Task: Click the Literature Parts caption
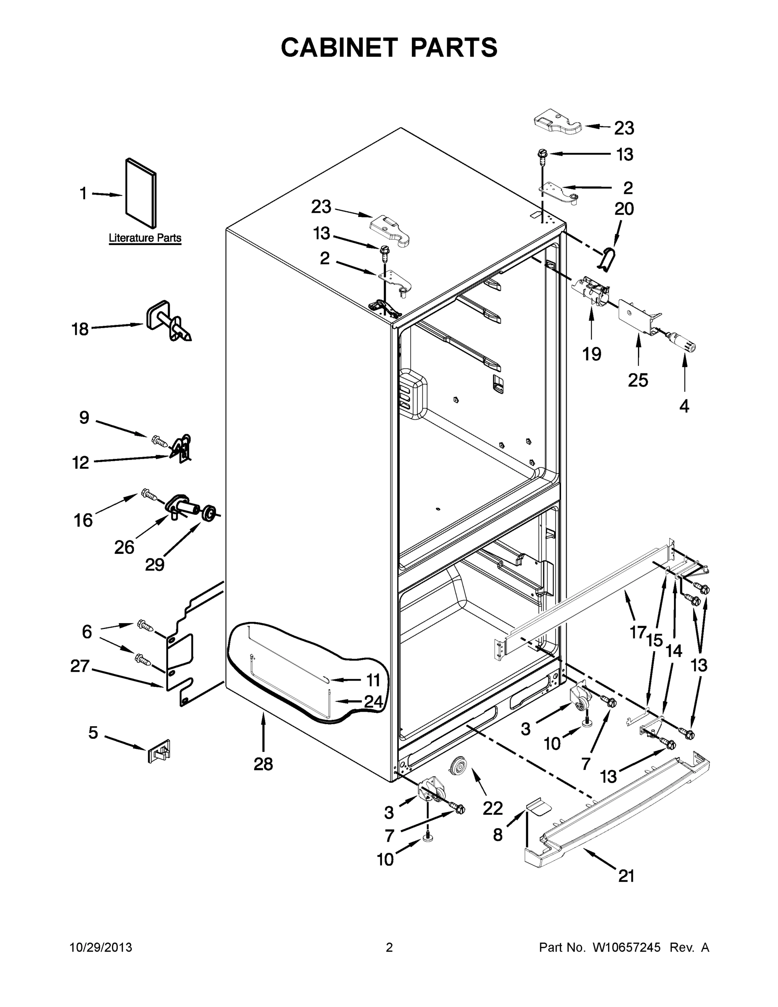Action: tap(145, 238)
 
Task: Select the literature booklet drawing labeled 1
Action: tap(141, 193)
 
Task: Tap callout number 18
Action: tap(80, 329)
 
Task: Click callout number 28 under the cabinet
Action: tap(263, 764)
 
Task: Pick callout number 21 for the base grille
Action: tap(626, 876)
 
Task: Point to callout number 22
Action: tap(493, 808)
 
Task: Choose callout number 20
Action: tap(624, 209)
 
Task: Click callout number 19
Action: tap(591, 354)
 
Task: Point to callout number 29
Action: tap(155, 564)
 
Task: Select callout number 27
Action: tap(80, 666)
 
